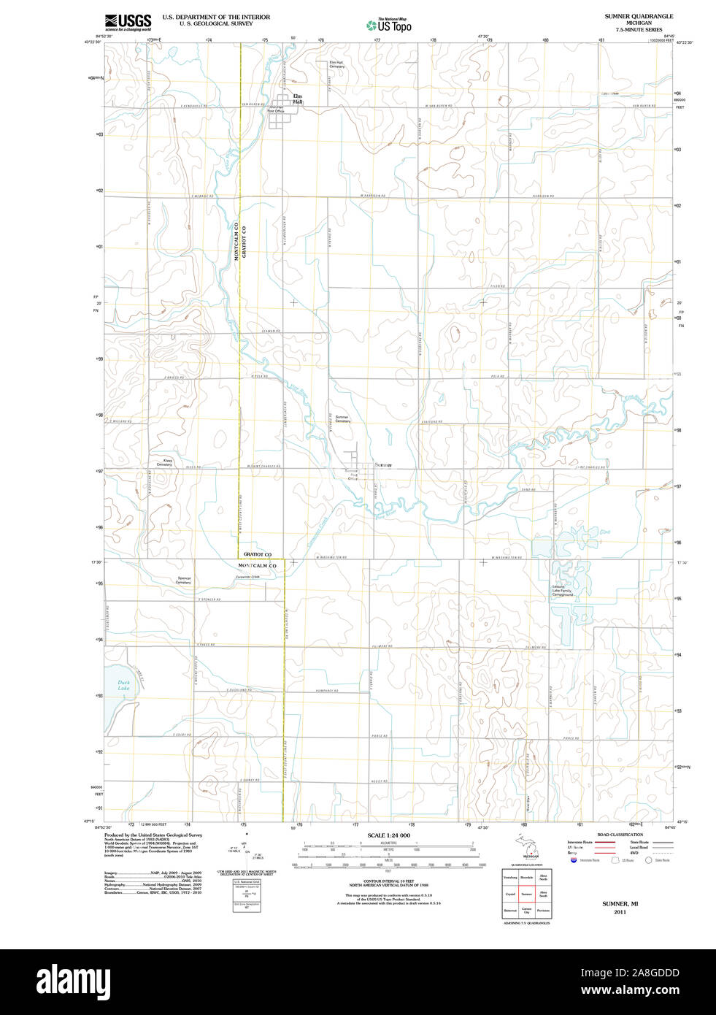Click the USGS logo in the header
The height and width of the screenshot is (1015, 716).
[128, 22]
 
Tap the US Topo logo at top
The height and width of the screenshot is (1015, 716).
[389, 25]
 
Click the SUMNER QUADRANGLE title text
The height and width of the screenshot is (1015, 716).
[639, 16]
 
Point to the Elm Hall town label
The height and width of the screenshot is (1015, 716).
[297, 99]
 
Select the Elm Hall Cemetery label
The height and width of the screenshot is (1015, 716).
[336, 64]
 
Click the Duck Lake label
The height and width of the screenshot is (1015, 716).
[123, 685]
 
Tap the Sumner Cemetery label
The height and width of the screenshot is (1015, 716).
[342, 419]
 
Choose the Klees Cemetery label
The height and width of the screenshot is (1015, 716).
[164, 462]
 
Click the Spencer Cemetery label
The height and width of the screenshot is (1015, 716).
[183, 581]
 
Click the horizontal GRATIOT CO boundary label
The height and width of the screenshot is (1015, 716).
[258, 554]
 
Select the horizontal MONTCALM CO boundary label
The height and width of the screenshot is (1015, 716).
[258, 566]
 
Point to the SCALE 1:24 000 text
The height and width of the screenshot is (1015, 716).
[388, 835]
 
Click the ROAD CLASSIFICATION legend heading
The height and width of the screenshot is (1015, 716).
[620, 835]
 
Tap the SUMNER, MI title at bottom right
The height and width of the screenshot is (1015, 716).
[620, 903]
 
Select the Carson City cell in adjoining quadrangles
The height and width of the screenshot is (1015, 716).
[526, 911]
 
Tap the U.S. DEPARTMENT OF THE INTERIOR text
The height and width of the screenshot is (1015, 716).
[216, 17]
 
